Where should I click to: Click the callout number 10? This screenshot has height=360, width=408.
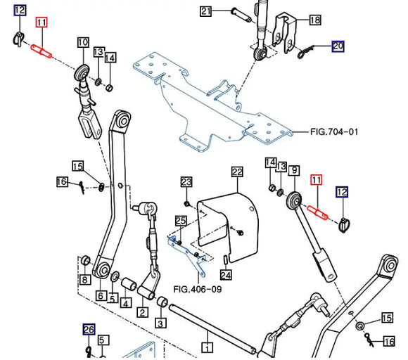tap(82, 43)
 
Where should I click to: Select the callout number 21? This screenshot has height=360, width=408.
tap(205, 11)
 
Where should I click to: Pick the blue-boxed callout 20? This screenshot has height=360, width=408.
tap(338, 47)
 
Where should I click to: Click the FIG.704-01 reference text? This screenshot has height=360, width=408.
tap(335, 131)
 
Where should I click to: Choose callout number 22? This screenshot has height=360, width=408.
tap(237, 172)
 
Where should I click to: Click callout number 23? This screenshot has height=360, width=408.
tap(186, 182)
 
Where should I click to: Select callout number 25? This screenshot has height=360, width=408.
tap(180, 221)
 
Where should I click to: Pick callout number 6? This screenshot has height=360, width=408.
tap(101, 295)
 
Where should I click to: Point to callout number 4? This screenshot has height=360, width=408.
tap(125, 304)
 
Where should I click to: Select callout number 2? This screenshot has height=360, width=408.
tap(143, 313)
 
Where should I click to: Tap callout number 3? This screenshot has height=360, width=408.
tap(160, 323)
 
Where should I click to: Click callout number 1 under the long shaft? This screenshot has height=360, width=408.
tap(208, 346)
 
